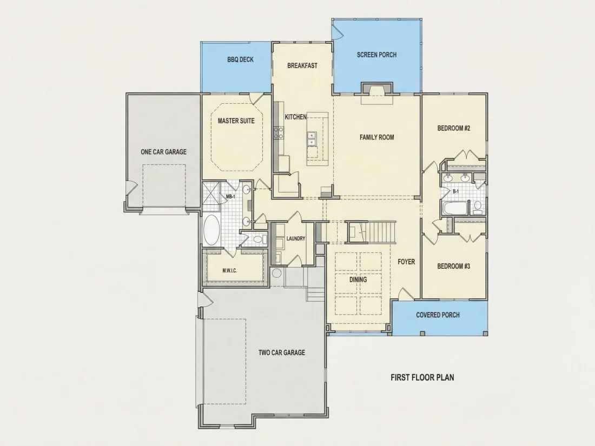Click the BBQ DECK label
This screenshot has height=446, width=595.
tap(241, 59)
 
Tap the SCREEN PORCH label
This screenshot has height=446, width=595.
tap(376, 55)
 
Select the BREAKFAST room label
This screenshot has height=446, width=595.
tap(302, 65)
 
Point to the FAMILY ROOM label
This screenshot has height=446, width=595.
tap(377, 137)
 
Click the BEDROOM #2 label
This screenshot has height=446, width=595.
tap(454, 128)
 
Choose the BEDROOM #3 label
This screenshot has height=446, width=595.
tap(454, 266)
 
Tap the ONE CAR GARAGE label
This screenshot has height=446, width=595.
tap(163, 152)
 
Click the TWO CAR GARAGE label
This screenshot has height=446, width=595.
tap(282, 352)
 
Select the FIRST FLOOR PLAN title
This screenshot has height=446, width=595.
tap(422, 377)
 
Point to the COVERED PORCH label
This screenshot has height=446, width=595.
tap(438, 315)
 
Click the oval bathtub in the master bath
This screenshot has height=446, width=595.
tap(211, 230)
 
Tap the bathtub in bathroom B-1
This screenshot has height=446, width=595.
tap(455, 208)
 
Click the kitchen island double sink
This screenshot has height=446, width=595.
tap(312, 139)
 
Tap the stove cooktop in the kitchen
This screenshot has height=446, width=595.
tap(279, 133)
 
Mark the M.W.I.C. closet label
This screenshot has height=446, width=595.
tap(229, 271)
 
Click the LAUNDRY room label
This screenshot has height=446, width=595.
tap(296, 238)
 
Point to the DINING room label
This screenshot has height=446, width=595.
tap(358, 279)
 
